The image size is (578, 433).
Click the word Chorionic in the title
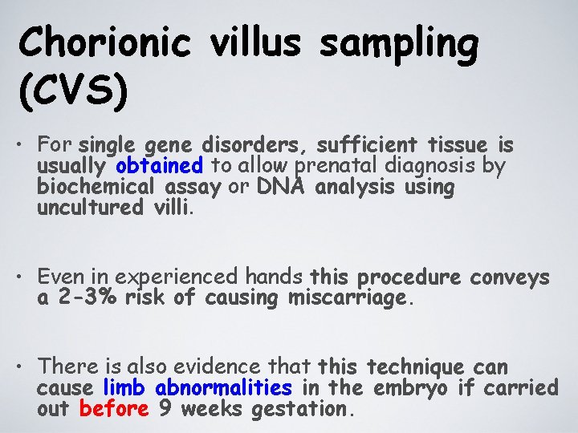point(104,42)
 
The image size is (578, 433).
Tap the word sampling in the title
point(399,42)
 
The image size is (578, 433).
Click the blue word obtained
point(159,167)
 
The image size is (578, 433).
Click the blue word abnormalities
point(224,388)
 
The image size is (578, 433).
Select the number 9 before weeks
point(166,409)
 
